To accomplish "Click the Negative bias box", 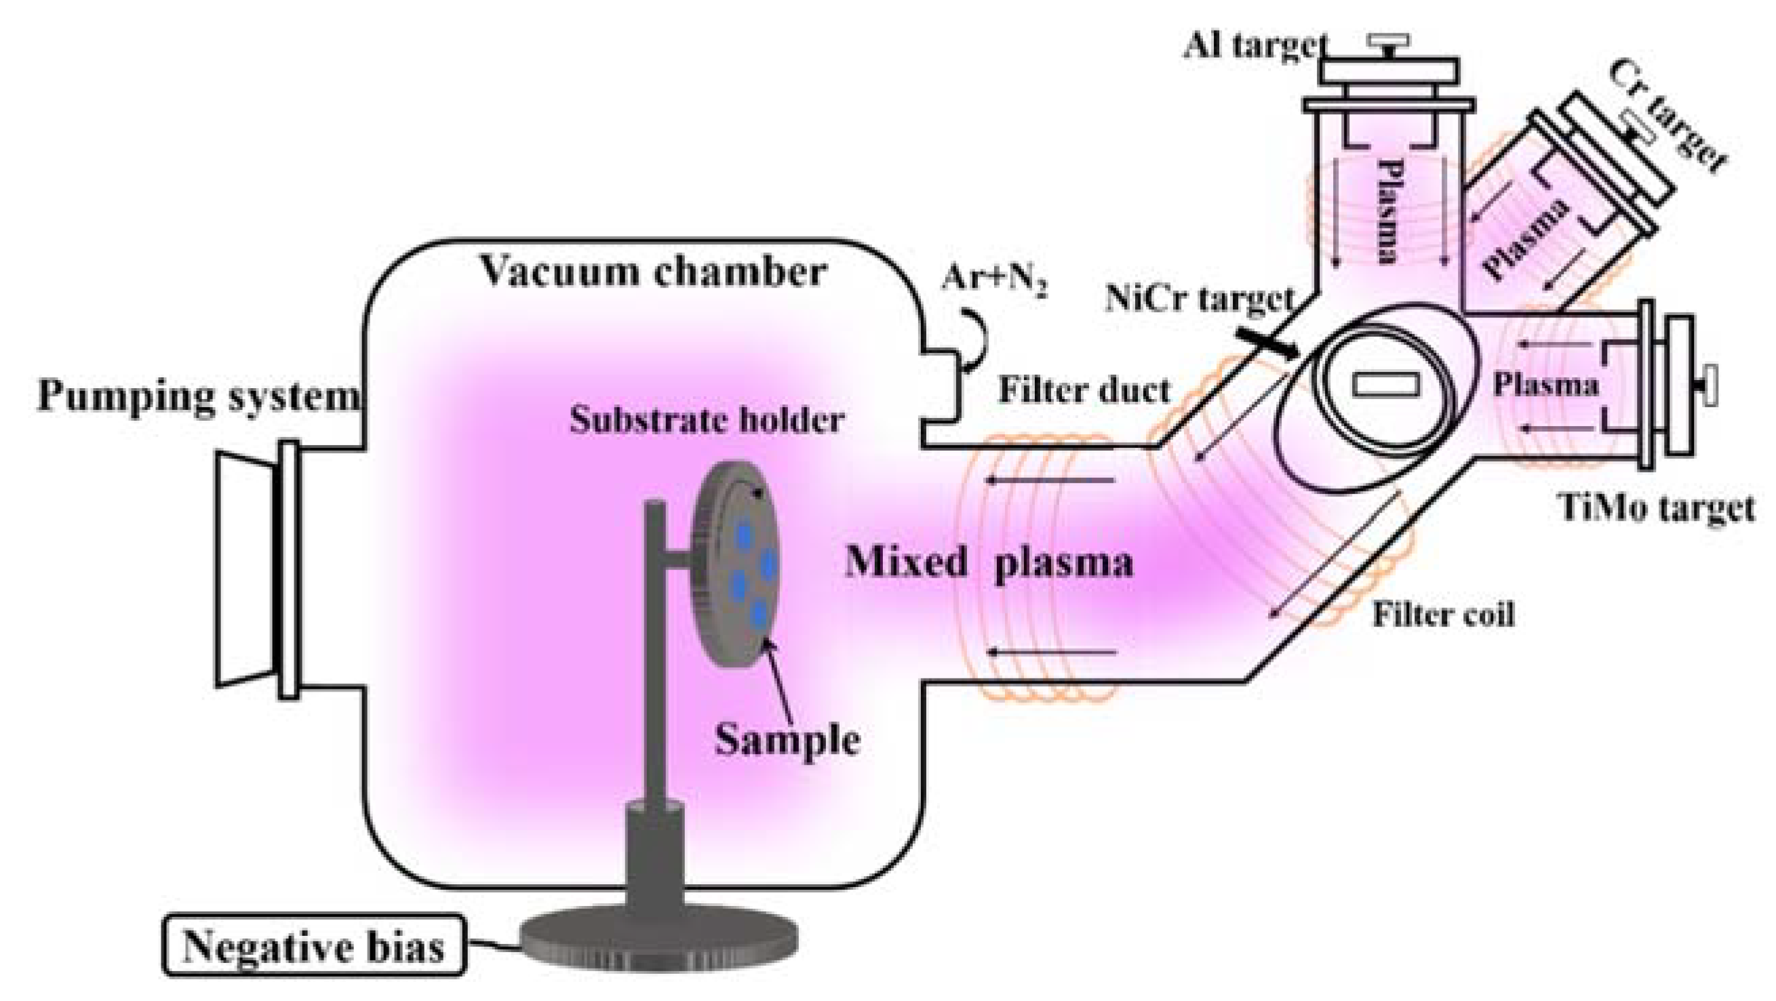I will point(314,947).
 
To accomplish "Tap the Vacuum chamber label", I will point(653,271).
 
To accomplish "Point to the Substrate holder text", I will point(706,419).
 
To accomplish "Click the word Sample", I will point(787,740).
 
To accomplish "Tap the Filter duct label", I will point(1084,390).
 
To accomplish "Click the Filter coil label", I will point(1443,614).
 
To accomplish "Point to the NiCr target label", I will point(1199,299).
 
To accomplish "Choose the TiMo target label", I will point(1656,508).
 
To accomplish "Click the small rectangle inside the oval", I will point(1386,384).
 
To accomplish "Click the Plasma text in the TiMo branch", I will point(1545,385).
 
